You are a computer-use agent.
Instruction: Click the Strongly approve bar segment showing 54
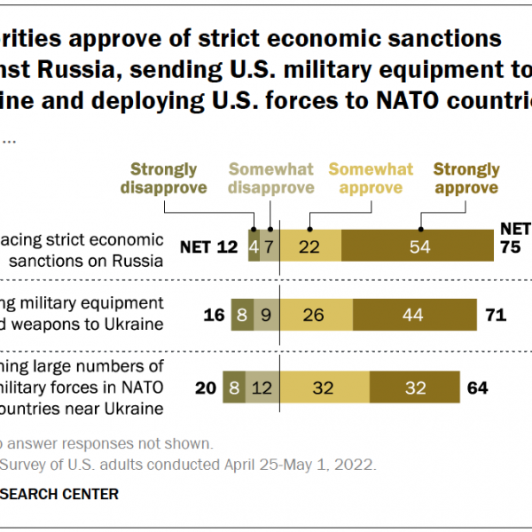click(x=417, y=246)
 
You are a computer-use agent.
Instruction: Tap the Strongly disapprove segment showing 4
click(x=254, y=246)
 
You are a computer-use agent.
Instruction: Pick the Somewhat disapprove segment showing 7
click(x=270, y=246)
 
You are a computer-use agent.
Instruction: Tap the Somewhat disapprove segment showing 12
click(x=263, y=387)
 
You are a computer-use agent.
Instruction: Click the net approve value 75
click(x=511, y=247)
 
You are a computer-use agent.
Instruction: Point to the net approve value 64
click(x=477, y=387)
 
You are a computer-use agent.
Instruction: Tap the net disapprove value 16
click(x=214, y=316)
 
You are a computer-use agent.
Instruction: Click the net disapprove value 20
click(x=206, y=387)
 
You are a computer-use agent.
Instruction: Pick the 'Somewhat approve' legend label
click(x=371, y=178)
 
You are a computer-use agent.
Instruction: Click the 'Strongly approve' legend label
click(x=466, y=178)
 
